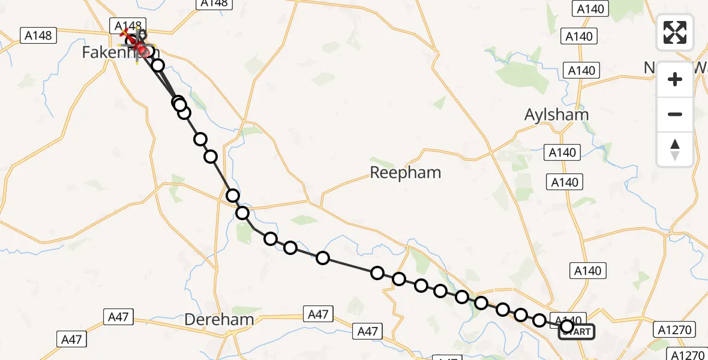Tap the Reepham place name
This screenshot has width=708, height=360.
pyautogui.click(x=405, y=173)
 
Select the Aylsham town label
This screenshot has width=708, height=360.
pyautogui.click(x=556, y=115)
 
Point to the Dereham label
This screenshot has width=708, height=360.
pyautogui.click(x=218, y=320)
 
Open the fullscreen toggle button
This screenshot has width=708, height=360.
pyautogui.click(x=675, y=32)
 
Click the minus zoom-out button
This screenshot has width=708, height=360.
pyautogui.click(x=675, y=114)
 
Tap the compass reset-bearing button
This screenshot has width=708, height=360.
pyautogui.click(x=675, y=149)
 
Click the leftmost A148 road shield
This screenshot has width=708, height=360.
pyautogui.click(x=38, y=35)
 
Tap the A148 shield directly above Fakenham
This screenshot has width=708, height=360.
pyautogui.click(x=127, y=26)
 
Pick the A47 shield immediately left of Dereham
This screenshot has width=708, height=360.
pyautogui.click(x=118, y=317)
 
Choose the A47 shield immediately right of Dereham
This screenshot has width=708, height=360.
pyautogui.click(x=317, y=314)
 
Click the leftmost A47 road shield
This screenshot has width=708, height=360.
pyautogui.click(x=71, y=339)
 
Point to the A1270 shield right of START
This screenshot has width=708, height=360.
pyautogui.click(x=674, y=329)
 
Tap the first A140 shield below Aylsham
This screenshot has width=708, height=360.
pyautogui.click(x=562, y=152)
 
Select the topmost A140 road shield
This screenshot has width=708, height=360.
pyautogui.click(x=590, y=8)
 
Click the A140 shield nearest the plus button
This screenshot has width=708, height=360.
pyautogui.click(x=581, y=71)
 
